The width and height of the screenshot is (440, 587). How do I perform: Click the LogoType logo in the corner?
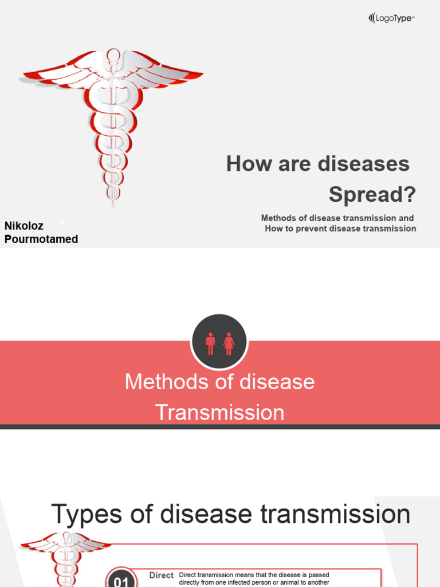(391, 18)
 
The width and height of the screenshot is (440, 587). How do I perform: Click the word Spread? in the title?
(372, 195)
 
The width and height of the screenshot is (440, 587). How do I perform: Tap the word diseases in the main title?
(363, 164)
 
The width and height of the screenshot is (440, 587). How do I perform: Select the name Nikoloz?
(24, 226)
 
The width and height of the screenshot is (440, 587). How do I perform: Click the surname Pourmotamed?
(41, 239)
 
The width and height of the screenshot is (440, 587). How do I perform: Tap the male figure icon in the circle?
(210, 343)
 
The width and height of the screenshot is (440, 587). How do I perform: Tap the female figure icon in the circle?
(229, 343)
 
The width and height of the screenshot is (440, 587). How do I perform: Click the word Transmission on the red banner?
(220, 413)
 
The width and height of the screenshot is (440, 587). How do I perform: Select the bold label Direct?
(161, 575)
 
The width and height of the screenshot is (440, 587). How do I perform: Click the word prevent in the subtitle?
(314, 228)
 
